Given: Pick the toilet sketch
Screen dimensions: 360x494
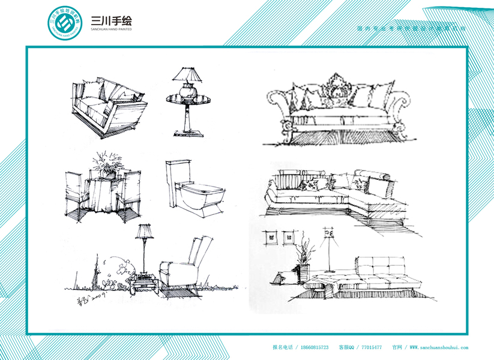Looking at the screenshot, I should pos(194,188).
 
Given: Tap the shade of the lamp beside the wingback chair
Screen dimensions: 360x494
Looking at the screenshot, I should pos(143,230).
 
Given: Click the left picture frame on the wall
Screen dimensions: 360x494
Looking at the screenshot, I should pos(271,236).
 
